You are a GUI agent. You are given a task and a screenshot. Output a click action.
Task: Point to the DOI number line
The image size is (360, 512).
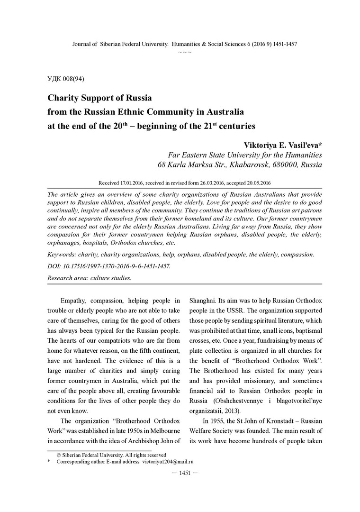point(109,266)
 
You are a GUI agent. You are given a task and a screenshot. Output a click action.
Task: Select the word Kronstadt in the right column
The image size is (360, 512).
point(278,421)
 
